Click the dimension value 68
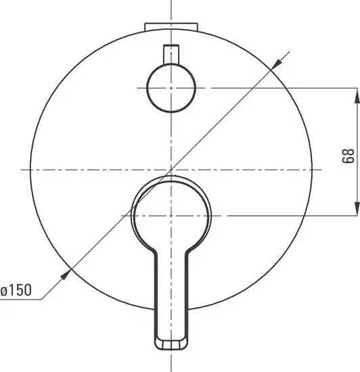(x=347, y=156)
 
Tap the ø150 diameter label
(x=17, y=291)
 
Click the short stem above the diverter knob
(x=172, y=54)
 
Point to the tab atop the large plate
(x=172, y=26)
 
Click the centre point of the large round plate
(x=172, y=168)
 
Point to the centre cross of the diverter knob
(x=172, y=88)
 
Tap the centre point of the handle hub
(x=172, y=215)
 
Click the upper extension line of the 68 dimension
(x=284, y=88)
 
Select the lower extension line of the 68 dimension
(x=284, y=215)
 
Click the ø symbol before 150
(x=5, y=291)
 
